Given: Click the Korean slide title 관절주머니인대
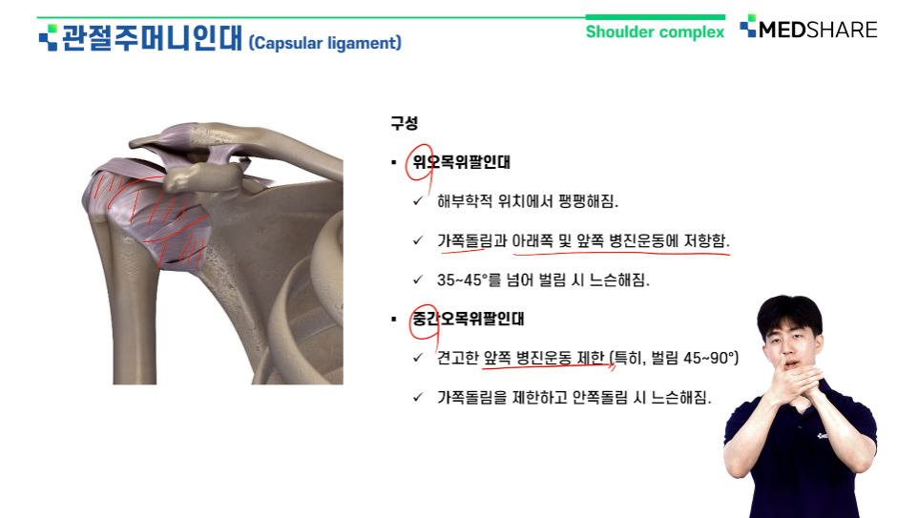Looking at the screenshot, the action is pyautogui.click(x=152, y=37).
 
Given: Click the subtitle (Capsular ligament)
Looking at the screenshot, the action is pyautogui.click(x=325, y=43).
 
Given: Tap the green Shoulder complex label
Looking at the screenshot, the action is pyautogui.click(x=655, y=31).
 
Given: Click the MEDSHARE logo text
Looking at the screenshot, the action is pyautogui.click(x=817, y=30).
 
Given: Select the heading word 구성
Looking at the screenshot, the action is pyautogui.click(x=404, y=123).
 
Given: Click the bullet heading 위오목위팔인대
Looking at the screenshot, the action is pyautogui.click(x=461, y=161).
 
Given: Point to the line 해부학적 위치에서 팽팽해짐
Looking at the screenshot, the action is pyautogui.click(x=528, y=201).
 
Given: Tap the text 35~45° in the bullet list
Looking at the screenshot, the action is pyautogui.click(x=462, y=280).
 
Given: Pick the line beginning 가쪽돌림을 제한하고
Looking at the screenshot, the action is pyautogui.click(x=574, y=398).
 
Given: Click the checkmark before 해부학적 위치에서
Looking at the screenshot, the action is pyautogui.click(x=418, y=200).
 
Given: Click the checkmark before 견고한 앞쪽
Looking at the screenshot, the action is pyautogui.click(x=418, y=357).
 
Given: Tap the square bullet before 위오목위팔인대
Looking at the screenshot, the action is pyautogui.click(x=394, y=162).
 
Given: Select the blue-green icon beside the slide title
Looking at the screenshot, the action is pyautogui.click(x=48, y=37).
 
